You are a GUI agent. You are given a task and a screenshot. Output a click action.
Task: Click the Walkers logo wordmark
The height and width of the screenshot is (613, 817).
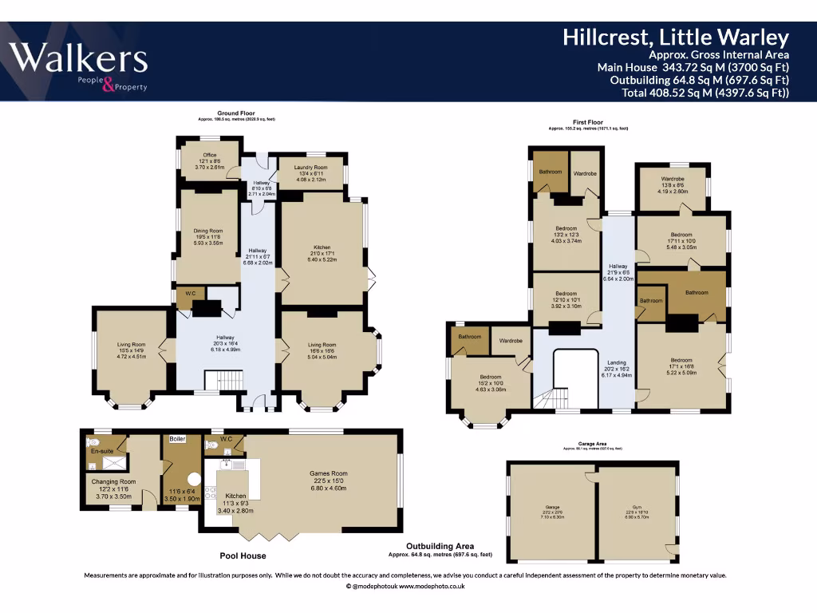click(77, 59)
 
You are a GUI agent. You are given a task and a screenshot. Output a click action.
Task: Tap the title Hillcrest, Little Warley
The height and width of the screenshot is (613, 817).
click(675, 37)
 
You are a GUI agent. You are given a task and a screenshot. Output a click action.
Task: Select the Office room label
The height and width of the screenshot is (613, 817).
click(209, 155)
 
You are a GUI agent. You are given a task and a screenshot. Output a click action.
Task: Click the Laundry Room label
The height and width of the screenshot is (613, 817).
click(310, 167)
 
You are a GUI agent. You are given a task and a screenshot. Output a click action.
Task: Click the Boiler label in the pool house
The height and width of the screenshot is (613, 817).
click(177, 439)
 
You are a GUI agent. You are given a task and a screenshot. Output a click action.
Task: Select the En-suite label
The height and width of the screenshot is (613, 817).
click(101, 451)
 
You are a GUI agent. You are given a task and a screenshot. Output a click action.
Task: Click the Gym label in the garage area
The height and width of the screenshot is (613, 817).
click(636, 506)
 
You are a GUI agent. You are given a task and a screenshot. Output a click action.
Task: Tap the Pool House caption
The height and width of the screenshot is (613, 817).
click(243, 556)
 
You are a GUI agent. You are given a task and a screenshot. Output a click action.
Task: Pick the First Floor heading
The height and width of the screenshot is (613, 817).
click(588, 122)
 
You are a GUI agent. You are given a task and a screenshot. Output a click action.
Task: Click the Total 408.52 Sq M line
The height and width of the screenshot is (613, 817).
click(705, 93)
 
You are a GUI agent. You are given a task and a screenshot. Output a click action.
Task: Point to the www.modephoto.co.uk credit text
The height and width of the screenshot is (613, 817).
click(432, 586)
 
